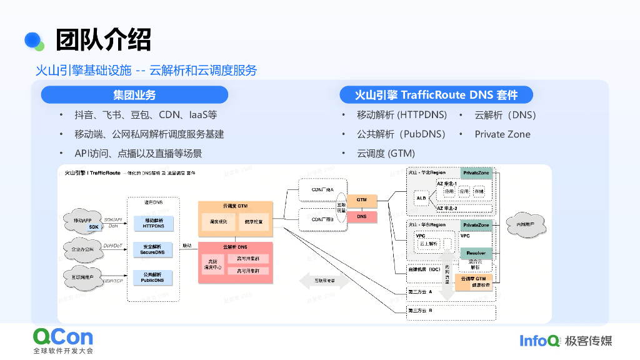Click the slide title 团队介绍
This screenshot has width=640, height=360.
pos(103,41)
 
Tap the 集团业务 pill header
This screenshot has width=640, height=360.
pos(134,95)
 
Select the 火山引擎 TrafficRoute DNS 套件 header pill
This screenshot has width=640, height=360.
pos(436,95)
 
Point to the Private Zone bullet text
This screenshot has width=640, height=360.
pos(502,134)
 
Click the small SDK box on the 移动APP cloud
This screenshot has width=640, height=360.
pos(94,226)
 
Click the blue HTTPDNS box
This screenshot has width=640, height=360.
pos(153,223)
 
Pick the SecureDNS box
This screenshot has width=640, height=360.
pos(153,249)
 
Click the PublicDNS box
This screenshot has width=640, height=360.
pos(153,277)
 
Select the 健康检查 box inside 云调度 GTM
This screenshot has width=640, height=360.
pos(254,222)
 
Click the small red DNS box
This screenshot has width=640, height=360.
pos(362,216)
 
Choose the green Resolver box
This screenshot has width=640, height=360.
pos(476,253)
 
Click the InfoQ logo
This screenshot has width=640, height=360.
pos(540,341)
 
